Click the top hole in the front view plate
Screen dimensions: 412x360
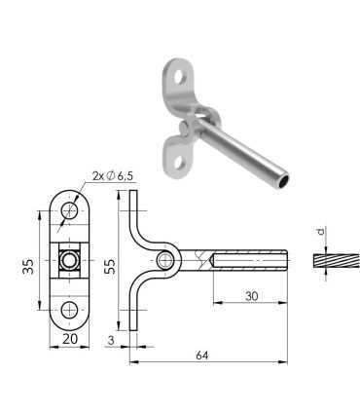(x=70, y=210)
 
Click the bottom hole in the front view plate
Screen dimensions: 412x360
(x=70, y=309)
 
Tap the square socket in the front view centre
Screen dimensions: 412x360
(x=70, y=260)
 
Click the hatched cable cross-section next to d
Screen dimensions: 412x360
(x=331, y=261)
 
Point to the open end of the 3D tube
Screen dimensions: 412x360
(x=281, y=183)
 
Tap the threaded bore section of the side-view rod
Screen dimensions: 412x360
(x=248, y=260)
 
